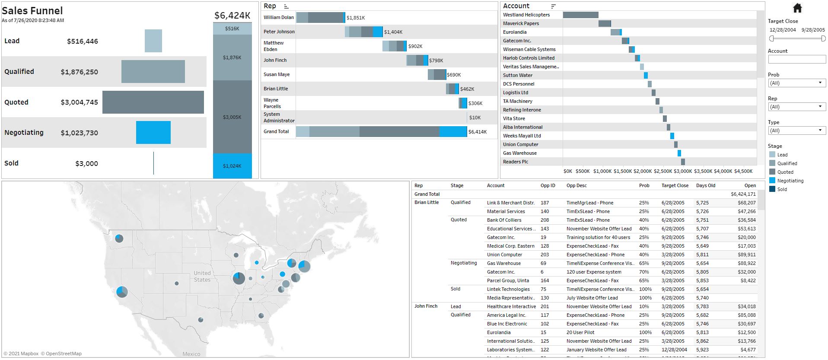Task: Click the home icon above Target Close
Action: (x=797, y=8)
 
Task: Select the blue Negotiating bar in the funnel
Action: (x=153, y=132)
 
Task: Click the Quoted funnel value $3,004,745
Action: (x=79, y=102)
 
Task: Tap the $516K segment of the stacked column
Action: (x=232, y=29)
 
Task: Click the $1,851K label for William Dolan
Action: (x=356, y=18)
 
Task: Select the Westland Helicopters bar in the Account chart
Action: (x=580, y=15)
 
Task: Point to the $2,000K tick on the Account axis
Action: (x=643, y=171)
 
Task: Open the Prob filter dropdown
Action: (x=797, y=83)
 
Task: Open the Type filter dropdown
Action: (x=797, y=131)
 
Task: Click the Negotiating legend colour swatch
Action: (x=772, y=181)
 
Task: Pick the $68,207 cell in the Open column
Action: (x=746, y=203)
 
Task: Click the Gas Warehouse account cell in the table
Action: (x=503, y=263)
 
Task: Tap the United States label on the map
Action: (x=202, y=276)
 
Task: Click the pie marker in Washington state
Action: (x=119, y=238)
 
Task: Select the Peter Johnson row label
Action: (x=279, y=32)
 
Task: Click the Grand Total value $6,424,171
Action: (x=743, y=194)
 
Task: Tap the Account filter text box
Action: (x=796, y=59)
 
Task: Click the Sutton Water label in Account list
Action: (x=517, y=75)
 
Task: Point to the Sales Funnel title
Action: (x=32, y=11)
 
